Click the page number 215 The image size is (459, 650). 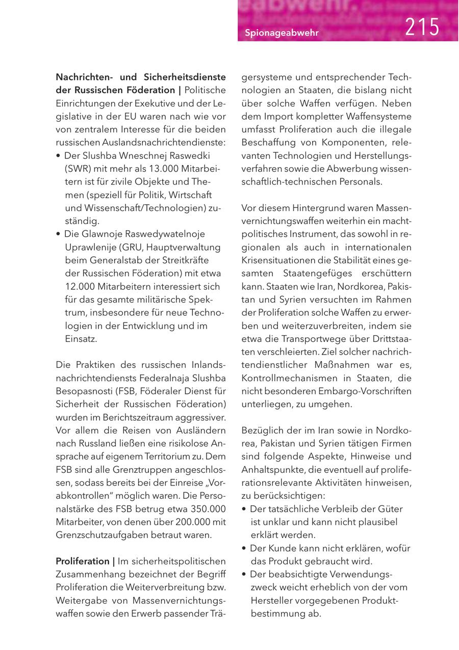[422, 27]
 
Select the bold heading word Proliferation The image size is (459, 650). [82, 561]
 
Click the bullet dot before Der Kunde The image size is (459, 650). [245, 549]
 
